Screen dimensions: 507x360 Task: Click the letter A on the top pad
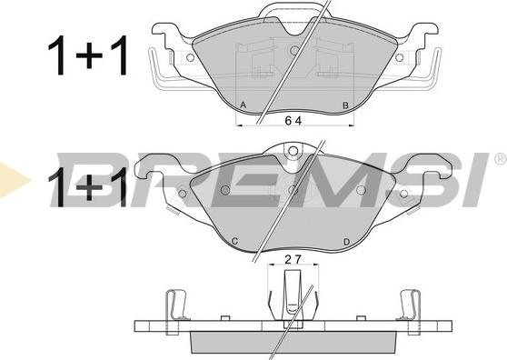coord(244,105)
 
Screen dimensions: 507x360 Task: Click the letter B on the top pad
coord(345,105)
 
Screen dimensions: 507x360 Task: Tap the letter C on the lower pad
coord(235,241)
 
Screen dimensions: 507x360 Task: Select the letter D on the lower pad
coord(346,242)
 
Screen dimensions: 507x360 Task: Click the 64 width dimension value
coord(293,121)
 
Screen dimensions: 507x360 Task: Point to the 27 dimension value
coord(293,259)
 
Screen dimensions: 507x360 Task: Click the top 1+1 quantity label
coord(88,55)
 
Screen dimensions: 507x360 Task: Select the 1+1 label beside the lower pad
coord(87,187)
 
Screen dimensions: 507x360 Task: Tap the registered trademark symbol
coord(501,158)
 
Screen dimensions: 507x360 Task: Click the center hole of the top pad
coord(294,50)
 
